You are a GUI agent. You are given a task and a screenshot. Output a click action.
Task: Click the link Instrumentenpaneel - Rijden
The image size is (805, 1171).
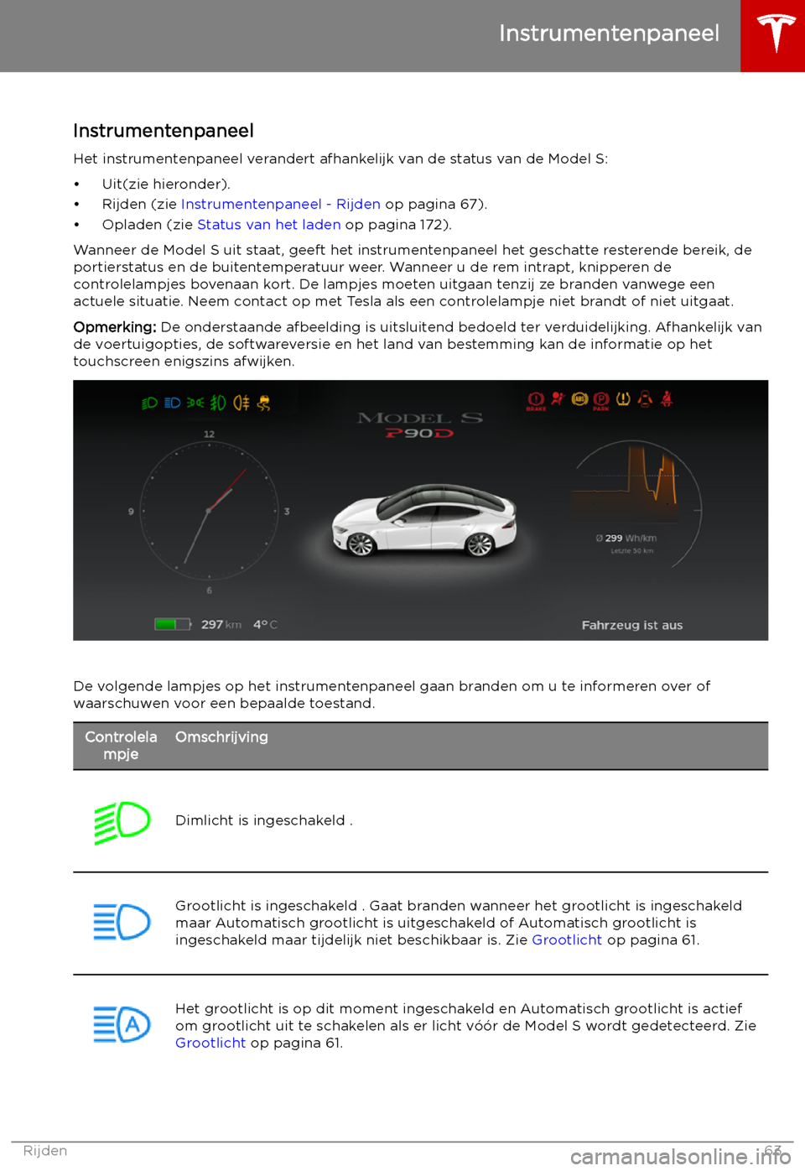click(x=280, y=205)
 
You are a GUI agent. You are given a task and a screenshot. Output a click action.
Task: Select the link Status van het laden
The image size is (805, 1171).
click(x=268, y=225)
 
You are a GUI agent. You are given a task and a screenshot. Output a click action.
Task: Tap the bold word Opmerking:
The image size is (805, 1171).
click(x=115, y=327)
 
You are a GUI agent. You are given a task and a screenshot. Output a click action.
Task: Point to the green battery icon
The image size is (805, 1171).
click(x=171, y=624)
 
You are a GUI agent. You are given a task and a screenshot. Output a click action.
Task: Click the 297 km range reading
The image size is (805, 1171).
click(x=221, y=624)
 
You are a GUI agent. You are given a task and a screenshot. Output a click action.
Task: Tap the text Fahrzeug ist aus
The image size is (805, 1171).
click(x=631, y=625)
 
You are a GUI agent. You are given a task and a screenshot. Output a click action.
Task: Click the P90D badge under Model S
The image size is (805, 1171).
click(x=419, y=434)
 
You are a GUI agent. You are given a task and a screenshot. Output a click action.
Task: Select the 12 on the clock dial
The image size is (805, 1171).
click(x=209, y=434)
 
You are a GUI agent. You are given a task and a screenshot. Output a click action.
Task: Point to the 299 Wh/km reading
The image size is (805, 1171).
click(x=626, y=539)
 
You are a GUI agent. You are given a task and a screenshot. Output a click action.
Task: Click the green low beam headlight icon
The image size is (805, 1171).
click(x=122, y=821)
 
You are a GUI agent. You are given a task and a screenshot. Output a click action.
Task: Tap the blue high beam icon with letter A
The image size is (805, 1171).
click(x=122, y=1025)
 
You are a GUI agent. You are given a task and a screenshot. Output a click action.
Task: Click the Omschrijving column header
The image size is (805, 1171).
click(x=221, y=737)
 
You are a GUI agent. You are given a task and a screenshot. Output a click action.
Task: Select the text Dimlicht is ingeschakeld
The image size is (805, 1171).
click(x=260, y=820)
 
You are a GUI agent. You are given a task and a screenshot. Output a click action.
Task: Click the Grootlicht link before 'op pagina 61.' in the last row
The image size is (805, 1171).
click(x=210, y=1043)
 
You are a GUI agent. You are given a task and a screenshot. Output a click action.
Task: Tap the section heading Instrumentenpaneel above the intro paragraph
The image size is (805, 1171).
click(x=164, y=131)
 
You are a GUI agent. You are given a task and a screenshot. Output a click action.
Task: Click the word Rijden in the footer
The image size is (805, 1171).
click(x=45, y=1151)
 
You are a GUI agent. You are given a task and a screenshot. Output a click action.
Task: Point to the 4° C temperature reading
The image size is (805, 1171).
click(x=265, y=624)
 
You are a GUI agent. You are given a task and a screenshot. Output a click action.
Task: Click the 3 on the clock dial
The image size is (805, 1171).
click(x=287, y=511)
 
